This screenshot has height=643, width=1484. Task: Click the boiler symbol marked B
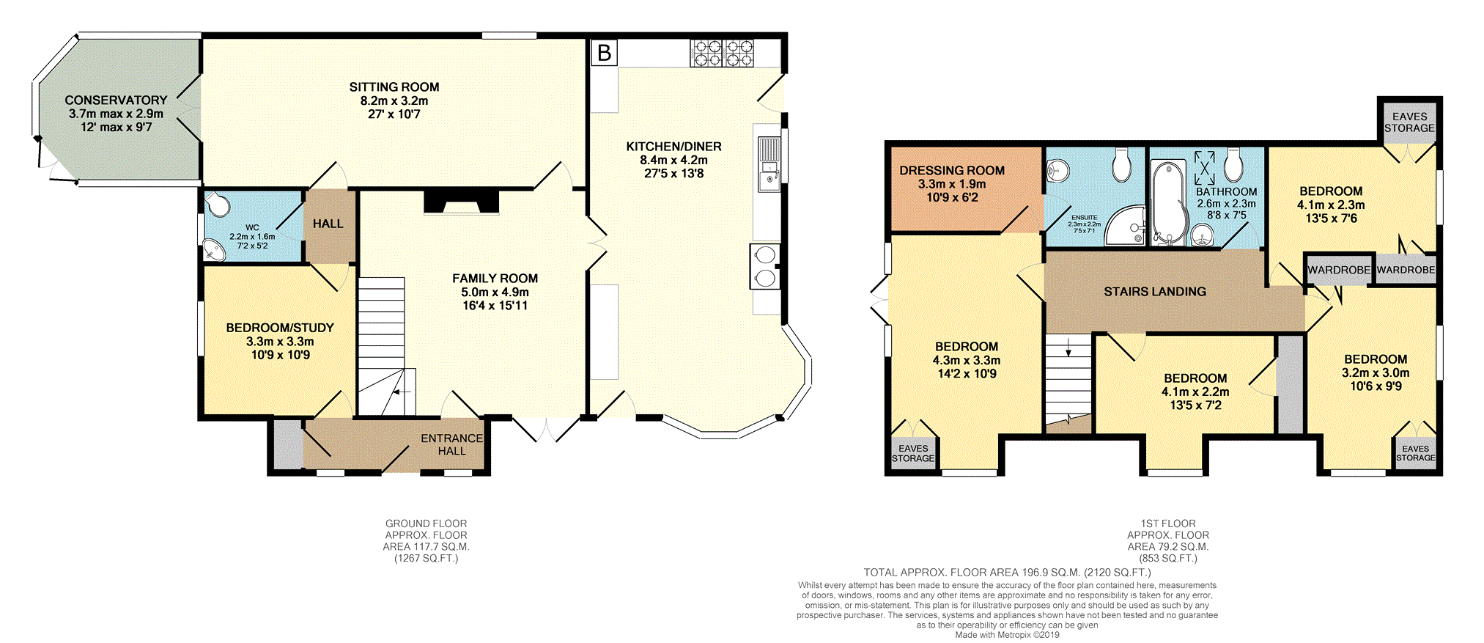[x=604, y=53]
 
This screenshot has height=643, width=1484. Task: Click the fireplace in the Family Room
[x=462, y=202]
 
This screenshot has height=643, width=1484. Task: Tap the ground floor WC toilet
[x=218, y=205]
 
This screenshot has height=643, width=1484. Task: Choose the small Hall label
[x=328, y=224]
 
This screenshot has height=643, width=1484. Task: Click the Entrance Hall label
[x=452, y=444]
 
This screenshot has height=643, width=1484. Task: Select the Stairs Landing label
[x=1155, y=292]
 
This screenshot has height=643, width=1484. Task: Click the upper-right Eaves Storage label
[x=1410, y=122]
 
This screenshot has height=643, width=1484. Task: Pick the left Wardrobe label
[x=1339, y=270]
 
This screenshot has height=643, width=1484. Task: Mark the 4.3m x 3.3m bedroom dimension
[x=967, y=360]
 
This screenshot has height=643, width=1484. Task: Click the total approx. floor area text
[x=1007, y=573]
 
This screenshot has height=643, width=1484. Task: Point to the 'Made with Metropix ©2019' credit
[x=1007, y=635]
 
